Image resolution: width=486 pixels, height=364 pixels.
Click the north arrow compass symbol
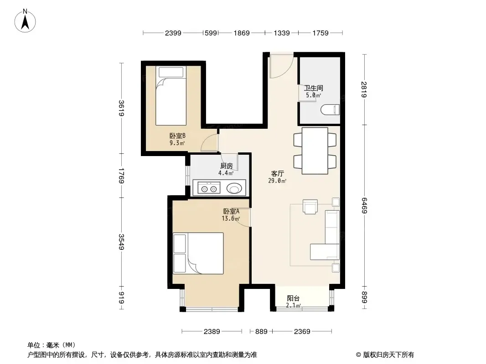click(25, 21)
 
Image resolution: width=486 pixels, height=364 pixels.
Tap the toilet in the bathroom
click(330, 110)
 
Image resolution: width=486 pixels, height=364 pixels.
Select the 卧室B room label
click(177, 136)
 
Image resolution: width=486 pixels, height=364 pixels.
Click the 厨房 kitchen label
click(227, 166)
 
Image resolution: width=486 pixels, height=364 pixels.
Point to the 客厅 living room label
click(277, 173)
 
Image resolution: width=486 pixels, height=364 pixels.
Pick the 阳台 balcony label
click(293, 298)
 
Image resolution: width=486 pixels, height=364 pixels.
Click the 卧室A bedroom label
click(231, 212)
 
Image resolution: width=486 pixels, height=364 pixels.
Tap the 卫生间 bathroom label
click(313, 88)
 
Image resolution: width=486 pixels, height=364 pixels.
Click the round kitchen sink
click(234, 188)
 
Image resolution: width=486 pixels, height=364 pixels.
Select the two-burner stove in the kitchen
click(209, 188)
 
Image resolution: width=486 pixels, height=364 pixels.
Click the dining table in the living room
click(315, 151)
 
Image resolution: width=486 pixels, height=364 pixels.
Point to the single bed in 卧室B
click(171, 96)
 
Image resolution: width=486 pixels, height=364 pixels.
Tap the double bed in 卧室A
click(198, 253)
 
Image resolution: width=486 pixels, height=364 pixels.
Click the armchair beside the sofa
click(310, 207)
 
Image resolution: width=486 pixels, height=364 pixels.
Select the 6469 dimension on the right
click(364, 205)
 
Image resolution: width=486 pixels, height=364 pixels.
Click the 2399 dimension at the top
click(173, 33)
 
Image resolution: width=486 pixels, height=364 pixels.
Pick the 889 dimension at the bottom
click(261, 332)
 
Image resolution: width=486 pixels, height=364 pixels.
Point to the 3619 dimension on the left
click(121, 108)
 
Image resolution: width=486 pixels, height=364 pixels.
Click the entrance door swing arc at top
click(281, 66)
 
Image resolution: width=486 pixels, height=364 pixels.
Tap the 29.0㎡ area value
click(277, 181)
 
